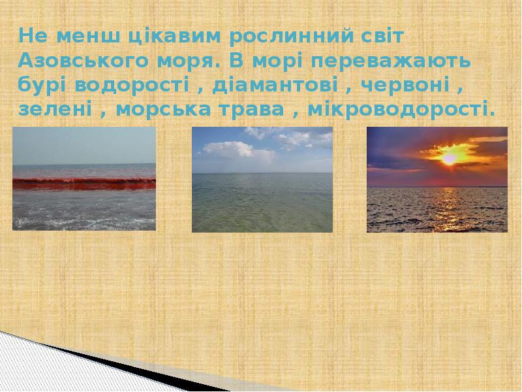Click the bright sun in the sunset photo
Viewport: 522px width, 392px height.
[x=449, y=157]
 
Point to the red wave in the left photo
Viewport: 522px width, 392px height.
[x=84, y=184]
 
